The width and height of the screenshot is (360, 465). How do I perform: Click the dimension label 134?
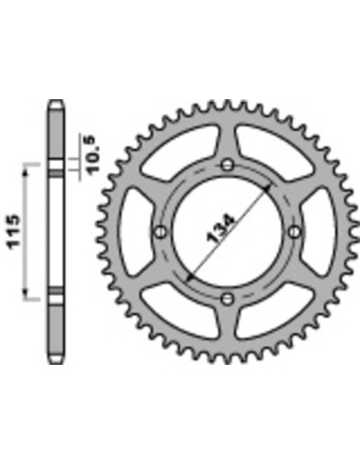220,229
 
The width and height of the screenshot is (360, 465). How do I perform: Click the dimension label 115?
13,232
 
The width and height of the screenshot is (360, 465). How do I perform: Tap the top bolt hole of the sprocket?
227,164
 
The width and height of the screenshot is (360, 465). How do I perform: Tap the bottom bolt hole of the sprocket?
227,299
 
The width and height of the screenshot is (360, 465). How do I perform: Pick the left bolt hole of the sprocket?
161,232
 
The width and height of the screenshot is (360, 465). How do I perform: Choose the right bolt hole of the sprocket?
294,232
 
